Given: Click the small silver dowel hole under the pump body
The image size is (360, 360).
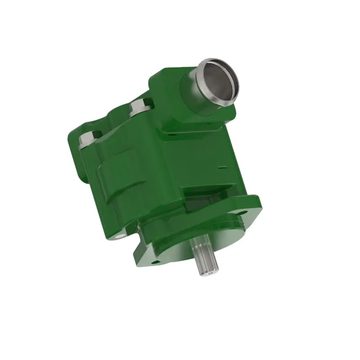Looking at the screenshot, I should pyautogui.click(x=120, y=235).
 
